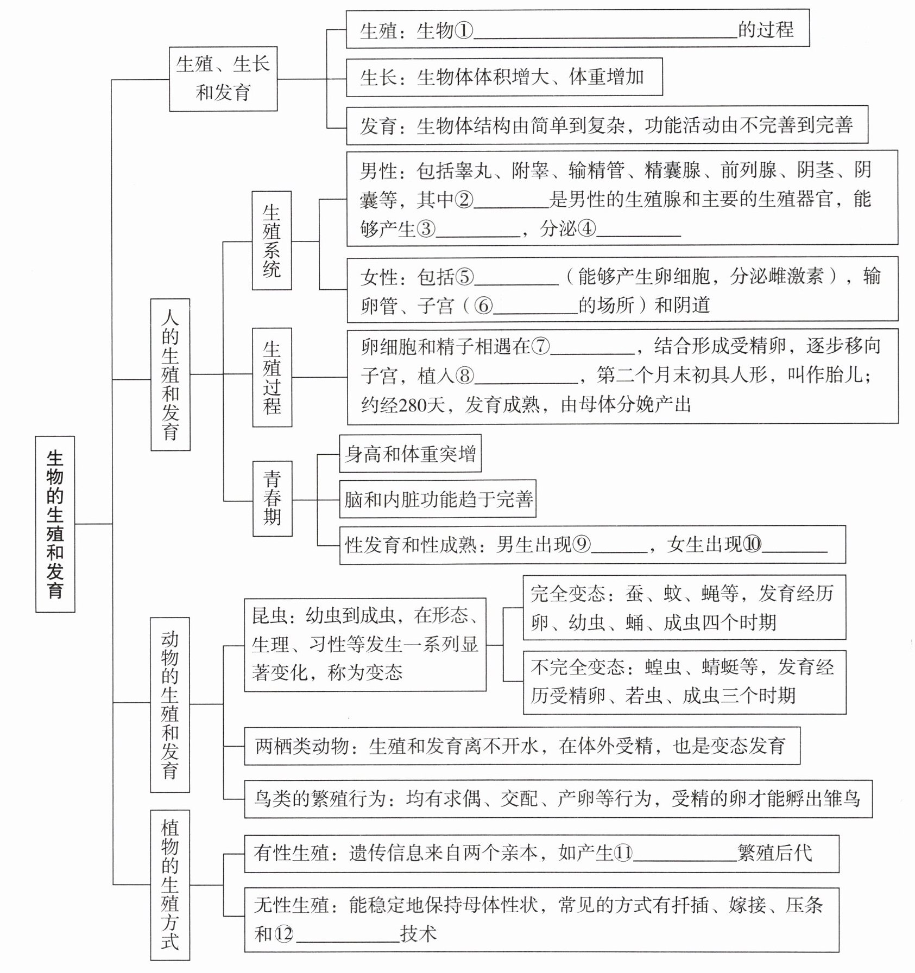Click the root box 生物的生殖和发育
pyautogui.click(x=55, y=524)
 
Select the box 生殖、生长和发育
pyautogui.click(x=223, y=79)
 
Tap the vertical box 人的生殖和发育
pyautogui.click(x=170, y=374)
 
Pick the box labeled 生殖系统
pyautogui.click(x=272, y=240)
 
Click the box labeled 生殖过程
pyautogui.click(x=272, y=377)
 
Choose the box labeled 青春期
pyautogui.click(x=272, y=499)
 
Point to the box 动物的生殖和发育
pyautogui.click(x=170, y=704)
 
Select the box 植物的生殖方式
pyautogui.click(x=170, y=885)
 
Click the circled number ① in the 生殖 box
pyautogui.click(x=464, y=30)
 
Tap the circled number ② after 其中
pyautogui.click(x=464, y=200)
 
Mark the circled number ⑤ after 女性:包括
pyautogui.click(x=464, y=277)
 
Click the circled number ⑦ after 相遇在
pyautogui.click(x=541, y=346)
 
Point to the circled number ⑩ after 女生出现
pyautogui.click(x=752, y=544)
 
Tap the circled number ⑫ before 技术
pyautogui.click(x=283, y=934)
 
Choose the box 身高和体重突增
pyautogui.click(x=410, y=454)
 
